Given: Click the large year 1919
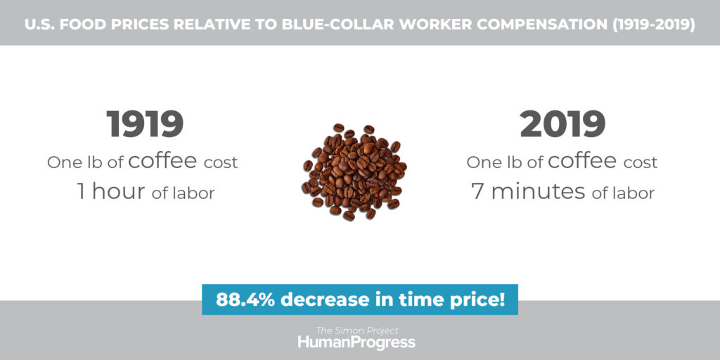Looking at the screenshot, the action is coord(145,124).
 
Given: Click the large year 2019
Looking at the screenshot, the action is coord(562,124).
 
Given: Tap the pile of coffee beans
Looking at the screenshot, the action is coord(354,172).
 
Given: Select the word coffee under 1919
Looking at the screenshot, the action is coord(162,161).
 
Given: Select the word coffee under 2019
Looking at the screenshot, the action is coord(582,161).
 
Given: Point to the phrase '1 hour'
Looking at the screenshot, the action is coord(112,191).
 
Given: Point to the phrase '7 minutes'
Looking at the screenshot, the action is coord(528,191).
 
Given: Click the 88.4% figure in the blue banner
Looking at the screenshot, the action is coord(245,300).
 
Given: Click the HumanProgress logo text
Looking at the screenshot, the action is coord(356,342).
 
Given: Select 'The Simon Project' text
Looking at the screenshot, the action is coord(356,330).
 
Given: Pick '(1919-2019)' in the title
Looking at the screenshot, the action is coord(653,25).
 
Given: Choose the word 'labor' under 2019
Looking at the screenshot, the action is coord(634,193).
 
